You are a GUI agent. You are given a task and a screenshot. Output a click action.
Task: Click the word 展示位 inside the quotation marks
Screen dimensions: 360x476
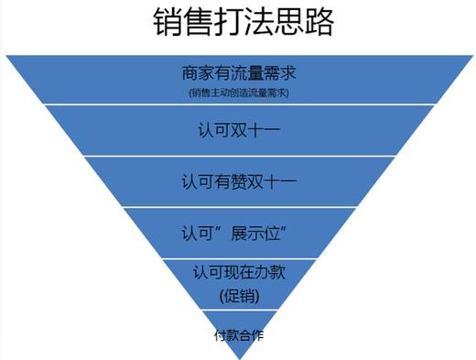(x=251, y=227)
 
